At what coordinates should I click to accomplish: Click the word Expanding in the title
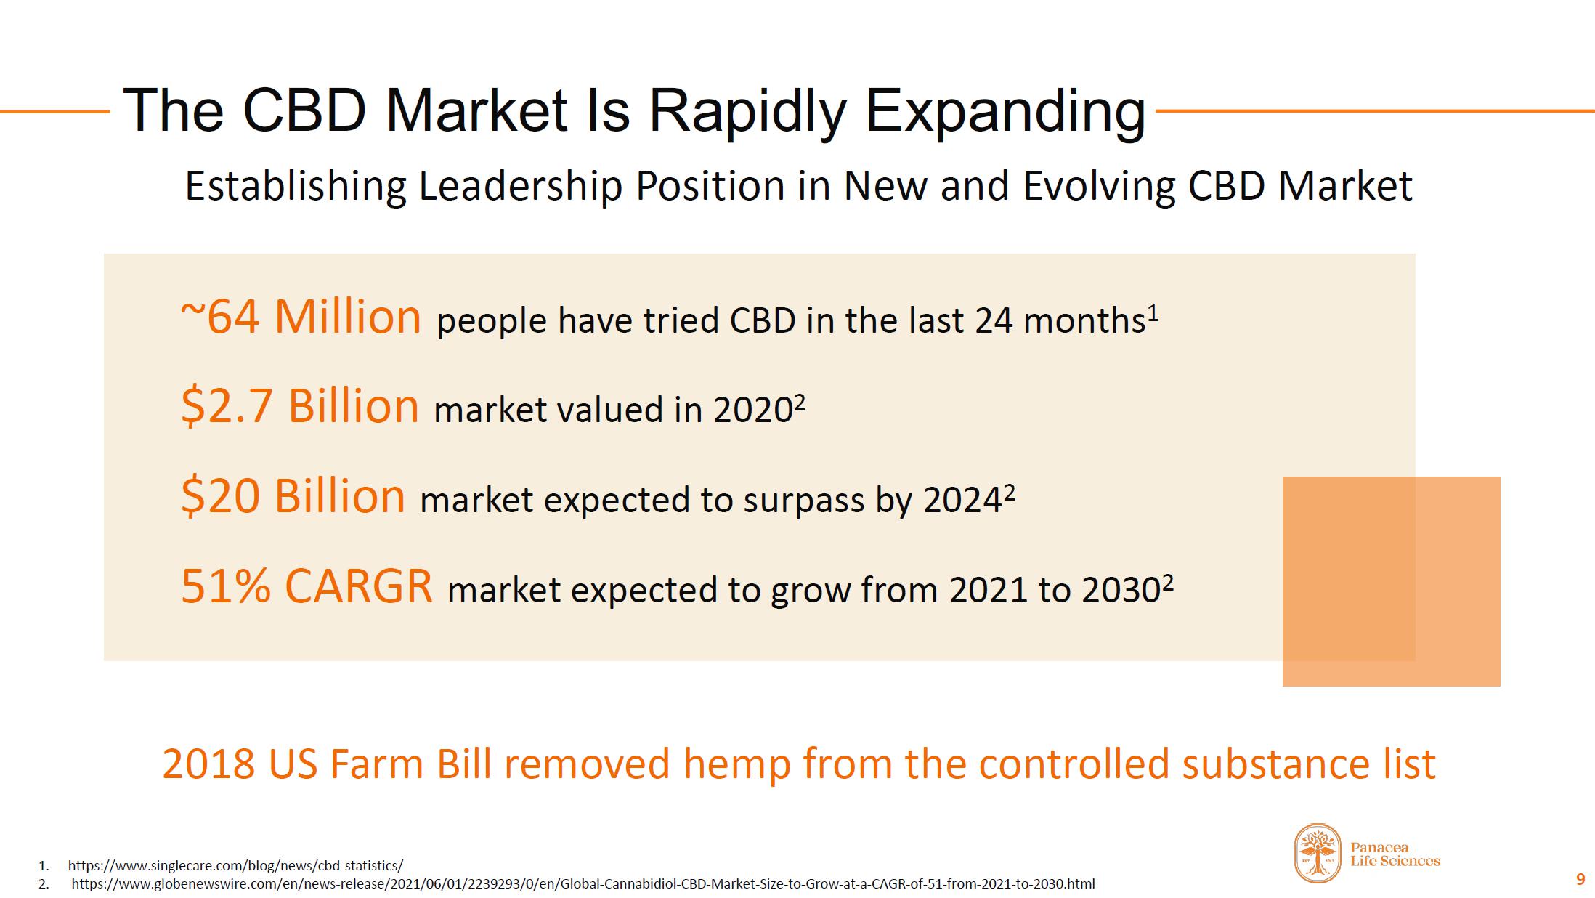(1005, 112)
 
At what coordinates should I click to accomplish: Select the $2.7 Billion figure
(300, 406)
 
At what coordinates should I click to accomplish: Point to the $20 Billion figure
(293, 496)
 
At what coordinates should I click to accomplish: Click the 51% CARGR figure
(307, 586)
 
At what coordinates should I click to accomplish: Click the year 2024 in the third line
(962, 500)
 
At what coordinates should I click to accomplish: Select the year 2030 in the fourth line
(1121, 590)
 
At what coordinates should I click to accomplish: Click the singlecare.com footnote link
(235, 865)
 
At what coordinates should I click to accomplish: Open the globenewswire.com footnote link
(583, 884)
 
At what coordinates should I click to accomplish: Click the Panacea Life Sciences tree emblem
(1318, 853)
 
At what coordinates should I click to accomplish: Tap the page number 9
(1580, 880)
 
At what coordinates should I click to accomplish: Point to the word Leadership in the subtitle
(520, 186)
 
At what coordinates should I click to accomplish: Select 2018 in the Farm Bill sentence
(208, 764)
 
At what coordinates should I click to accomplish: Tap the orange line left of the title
(54, 111)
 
